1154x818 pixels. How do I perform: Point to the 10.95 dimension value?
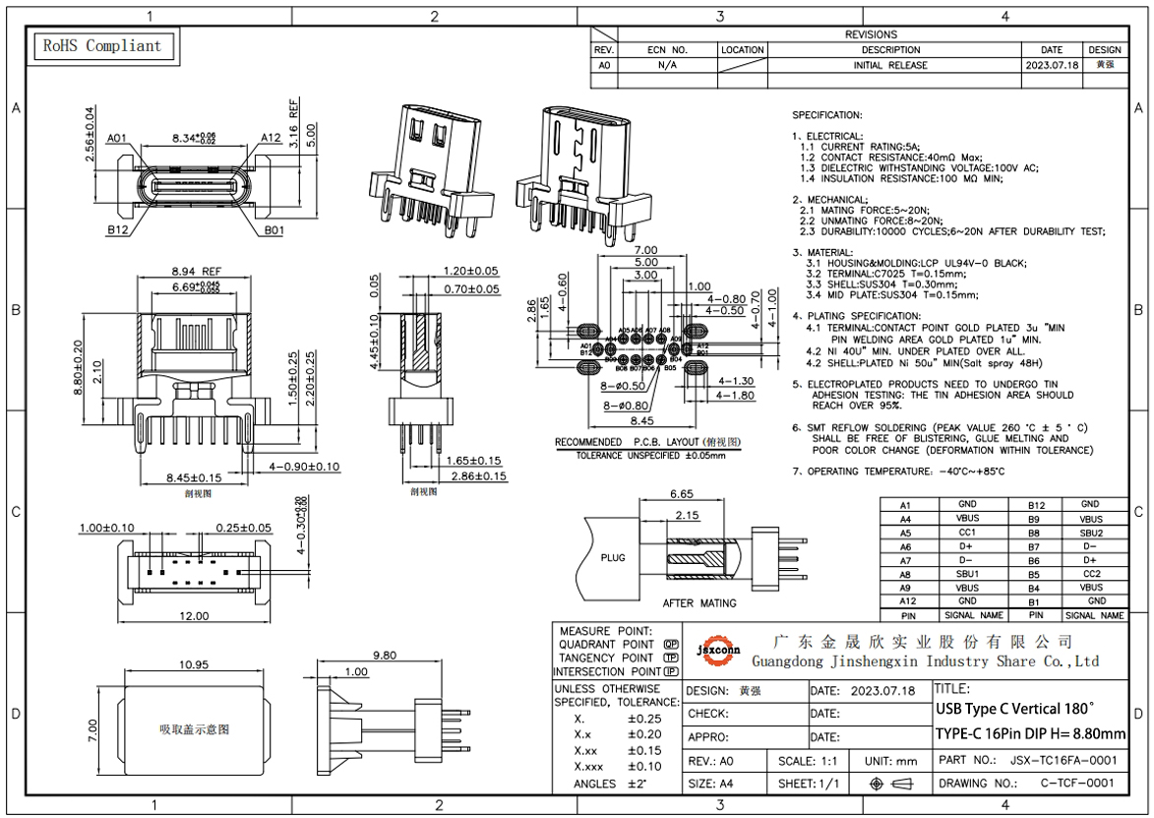pos(193,664)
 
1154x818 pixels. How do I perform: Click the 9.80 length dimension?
pos(385,656)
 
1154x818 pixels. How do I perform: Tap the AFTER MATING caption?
pos(698,602)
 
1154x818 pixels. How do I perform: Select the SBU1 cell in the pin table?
pos(967,573)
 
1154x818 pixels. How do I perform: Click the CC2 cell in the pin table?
pos(1091,573)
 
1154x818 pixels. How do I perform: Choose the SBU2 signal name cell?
pos(1091,532)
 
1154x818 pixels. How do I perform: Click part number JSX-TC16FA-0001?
pos(1063,760)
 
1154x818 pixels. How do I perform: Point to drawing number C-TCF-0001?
pos(1077,784)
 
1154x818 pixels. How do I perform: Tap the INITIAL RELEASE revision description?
pos(889,65)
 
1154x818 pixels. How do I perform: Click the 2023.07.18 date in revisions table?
pos(1051,65)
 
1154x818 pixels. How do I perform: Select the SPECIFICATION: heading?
pos(826,115)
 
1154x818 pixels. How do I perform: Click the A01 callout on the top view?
pos(117,138)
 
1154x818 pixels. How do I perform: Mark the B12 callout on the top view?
pos(117,230)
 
